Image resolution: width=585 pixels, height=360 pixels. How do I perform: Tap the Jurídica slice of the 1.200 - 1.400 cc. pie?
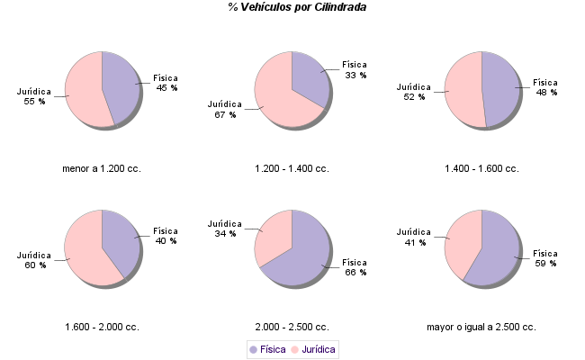(277, 90)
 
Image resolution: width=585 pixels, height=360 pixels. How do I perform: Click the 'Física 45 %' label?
(166, 83)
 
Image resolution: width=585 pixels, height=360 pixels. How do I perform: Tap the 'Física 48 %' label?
(546, 86)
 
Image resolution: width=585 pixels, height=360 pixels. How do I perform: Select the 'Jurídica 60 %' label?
(35, 260)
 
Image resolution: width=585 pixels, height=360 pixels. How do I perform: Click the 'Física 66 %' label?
(356, 267)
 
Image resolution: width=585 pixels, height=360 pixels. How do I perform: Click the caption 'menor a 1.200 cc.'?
(102, 168)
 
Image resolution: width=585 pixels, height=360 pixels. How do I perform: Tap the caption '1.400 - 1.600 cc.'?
(481, 168)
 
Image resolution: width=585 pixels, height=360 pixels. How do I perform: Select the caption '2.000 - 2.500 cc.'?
(292, 327)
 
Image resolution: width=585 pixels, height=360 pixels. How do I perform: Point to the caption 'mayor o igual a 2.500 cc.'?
(481, 327)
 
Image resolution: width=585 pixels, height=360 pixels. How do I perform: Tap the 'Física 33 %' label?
(355, 70)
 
